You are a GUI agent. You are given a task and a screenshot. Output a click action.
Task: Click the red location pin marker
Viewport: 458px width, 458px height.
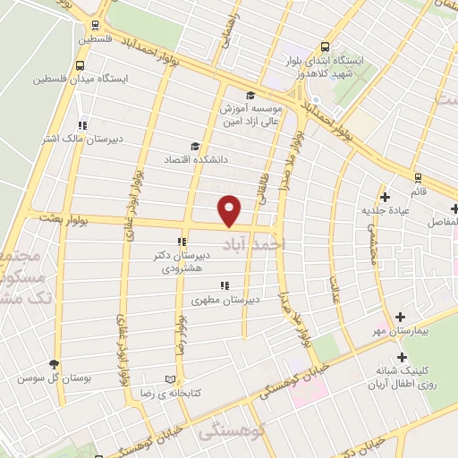(231, 210)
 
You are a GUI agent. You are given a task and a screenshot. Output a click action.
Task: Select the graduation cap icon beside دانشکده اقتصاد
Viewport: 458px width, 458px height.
(194, 146)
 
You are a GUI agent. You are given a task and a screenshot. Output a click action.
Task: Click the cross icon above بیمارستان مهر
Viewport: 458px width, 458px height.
(400, 316)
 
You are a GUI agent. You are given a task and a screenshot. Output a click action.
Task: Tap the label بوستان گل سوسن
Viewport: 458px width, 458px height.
(54, 377)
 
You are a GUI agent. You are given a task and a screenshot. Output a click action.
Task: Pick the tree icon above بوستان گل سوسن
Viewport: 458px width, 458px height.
(55, 363)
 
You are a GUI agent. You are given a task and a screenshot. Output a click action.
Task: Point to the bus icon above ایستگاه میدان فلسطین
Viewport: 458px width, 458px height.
(81, 64)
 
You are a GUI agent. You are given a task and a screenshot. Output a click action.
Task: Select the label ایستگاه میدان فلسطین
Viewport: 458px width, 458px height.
(81, 79)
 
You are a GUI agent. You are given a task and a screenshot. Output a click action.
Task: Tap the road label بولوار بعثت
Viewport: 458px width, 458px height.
(57, 217)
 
